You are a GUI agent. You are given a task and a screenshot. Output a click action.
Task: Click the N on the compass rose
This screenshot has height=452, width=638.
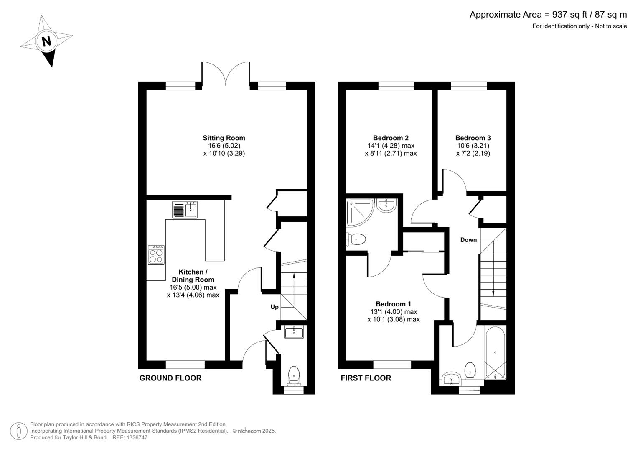46,41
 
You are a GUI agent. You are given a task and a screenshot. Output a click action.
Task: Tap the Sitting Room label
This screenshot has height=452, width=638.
224,138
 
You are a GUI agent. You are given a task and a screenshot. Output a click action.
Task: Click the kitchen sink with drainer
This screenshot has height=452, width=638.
185,209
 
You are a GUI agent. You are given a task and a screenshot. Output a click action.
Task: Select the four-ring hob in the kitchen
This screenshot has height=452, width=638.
156,255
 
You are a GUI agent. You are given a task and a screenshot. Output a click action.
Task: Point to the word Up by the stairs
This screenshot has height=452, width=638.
275,307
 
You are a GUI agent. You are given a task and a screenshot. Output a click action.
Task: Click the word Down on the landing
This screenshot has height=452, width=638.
468,240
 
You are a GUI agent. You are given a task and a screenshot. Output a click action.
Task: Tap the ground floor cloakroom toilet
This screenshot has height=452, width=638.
294,375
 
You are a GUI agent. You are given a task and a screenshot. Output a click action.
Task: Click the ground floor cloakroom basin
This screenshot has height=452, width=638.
294,333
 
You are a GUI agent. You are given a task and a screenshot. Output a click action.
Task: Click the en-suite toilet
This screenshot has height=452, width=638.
356,239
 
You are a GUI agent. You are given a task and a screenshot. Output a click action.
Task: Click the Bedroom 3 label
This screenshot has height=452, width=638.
473,138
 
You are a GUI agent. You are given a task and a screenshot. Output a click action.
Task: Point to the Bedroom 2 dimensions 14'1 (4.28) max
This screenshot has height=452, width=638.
391,146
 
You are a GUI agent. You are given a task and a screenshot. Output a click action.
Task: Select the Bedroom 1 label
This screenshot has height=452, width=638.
393,304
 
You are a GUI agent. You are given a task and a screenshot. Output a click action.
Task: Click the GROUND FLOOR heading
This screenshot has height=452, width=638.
170,378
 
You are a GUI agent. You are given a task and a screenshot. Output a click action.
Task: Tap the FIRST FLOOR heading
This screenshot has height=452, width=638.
366,378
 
